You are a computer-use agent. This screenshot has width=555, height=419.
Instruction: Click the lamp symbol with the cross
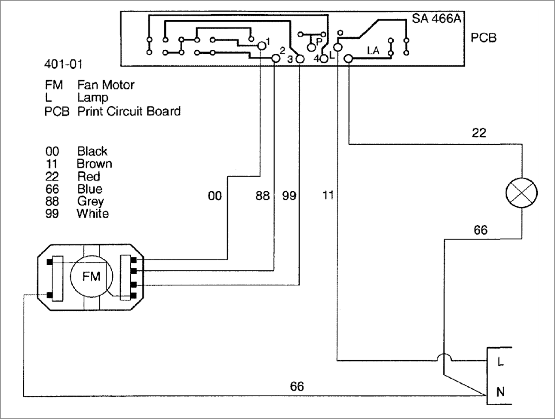(x=521, y=193)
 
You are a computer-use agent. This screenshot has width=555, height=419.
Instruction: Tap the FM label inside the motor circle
(x=91, y=276)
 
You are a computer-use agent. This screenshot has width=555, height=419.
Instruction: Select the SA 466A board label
(x=437, y=18)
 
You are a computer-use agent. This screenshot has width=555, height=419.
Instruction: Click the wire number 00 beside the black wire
(x=215, y=196)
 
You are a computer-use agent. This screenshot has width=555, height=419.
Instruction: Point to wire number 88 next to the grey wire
(x=263, y=196)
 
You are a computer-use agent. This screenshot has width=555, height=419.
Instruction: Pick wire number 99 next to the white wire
(x=289, y=196)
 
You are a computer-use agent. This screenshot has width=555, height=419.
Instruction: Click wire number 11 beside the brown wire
(x=328, y=196)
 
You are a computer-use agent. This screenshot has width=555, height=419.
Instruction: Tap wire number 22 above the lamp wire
(x=479, y=133)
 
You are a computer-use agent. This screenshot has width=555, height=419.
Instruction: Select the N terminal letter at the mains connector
(x=500, y=392)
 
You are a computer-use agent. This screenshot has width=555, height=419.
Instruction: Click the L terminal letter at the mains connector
(x=500, y=362)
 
